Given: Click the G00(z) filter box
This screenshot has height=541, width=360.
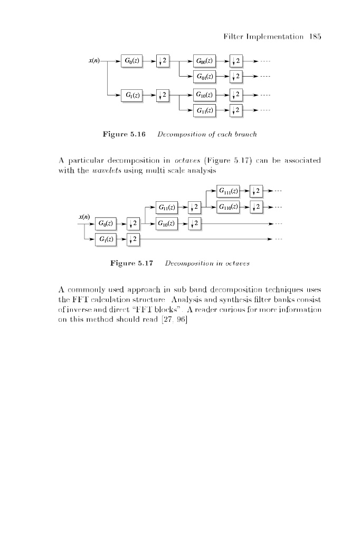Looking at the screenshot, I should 204,60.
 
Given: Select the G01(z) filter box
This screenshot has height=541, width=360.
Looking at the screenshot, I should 204,77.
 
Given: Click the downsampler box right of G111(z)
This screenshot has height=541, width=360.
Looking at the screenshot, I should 257,190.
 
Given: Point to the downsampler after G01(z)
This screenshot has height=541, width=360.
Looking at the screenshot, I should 236,77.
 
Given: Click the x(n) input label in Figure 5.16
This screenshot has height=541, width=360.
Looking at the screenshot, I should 96,60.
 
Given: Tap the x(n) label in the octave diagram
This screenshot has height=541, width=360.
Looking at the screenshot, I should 84,217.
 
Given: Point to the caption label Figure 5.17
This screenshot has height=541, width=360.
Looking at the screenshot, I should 131,263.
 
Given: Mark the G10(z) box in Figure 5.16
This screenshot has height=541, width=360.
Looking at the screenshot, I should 204,95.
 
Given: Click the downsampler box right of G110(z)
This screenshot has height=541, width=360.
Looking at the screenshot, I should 257,206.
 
